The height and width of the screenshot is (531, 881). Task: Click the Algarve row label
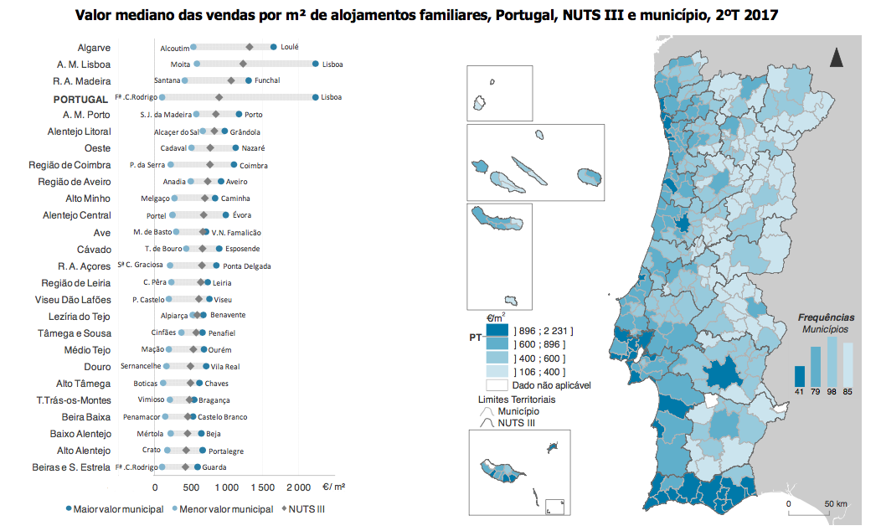click(x=94, y=48)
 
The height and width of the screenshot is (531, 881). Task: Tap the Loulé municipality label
click(x=290, y=48)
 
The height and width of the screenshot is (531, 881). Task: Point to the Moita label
click(x=180, y=64)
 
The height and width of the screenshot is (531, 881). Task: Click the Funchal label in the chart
click(x=267, y=81)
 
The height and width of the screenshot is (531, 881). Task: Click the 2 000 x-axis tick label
click(x=298, y=487)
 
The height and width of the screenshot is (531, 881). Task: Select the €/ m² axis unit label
click(x=335, y=487)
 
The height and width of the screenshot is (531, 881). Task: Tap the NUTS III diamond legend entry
click(x=302, y=509)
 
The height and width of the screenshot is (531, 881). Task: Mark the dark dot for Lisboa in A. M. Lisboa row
click(x=315, y=64)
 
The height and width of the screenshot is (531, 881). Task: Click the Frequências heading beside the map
click(x=826, y=317)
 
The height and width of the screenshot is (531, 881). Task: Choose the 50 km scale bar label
click(x=836, y=503)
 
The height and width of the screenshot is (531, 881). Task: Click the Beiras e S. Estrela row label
click(x=71, y=467)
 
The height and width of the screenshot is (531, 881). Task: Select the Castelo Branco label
click(x=221, y=417)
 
